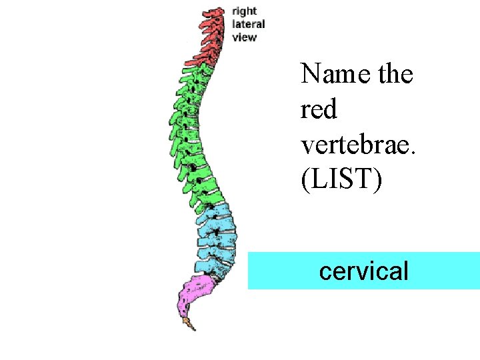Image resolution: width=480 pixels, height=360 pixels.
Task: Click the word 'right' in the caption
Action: [245, 11]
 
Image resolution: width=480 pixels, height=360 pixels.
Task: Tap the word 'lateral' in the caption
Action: [249, 24]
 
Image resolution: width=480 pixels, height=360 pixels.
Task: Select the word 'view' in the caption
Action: [244, 37]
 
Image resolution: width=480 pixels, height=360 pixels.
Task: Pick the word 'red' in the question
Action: [319, 109]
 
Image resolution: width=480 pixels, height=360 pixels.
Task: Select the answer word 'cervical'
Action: [364, 271]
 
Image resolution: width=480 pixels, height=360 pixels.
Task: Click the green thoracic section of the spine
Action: [190, 133]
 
